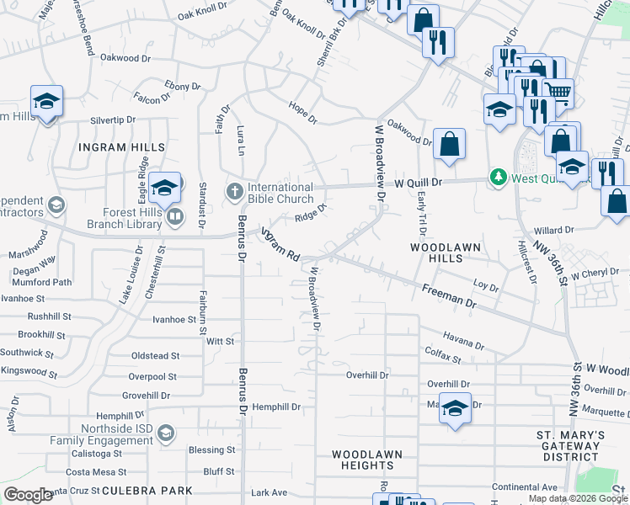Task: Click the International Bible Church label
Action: tap(281, 193)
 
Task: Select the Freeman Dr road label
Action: tap(450, 296)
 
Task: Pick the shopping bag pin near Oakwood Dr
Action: tap(450, 142)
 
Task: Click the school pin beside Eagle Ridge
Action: tap(165, 187)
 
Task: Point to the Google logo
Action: tap(28, 495)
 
